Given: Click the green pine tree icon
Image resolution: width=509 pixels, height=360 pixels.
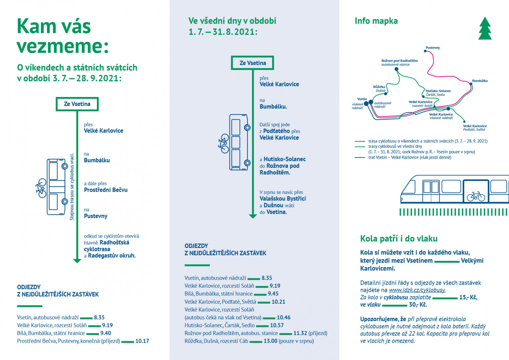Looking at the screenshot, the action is (485, 28).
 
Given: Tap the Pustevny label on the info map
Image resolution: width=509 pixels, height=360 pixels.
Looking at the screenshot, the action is (433, 48).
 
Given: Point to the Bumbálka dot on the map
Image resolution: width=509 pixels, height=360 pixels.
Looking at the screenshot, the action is (471, 84).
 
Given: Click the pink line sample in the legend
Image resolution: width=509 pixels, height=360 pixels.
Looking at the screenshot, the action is (360, 141).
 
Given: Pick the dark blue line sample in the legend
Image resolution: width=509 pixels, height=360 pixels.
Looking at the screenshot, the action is (360, 157).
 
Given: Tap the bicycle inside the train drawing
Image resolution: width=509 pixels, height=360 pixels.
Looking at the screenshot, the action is (476, 196).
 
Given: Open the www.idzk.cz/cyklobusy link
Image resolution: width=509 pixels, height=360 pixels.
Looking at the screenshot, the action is (417, 290).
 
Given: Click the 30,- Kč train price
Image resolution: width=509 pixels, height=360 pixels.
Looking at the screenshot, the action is (418, 305).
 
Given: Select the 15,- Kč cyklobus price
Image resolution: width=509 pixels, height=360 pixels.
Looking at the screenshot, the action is (468, 297).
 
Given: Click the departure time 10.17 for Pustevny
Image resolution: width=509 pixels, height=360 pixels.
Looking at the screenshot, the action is (142, 341).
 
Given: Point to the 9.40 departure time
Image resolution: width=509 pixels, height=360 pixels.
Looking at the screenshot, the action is (106, 333).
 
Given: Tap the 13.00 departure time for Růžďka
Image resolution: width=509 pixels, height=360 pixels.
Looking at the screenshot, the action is (270, 341).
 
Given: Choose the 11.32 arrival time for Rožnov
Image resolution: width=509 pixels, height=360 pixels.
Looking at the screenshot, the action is (300, 333).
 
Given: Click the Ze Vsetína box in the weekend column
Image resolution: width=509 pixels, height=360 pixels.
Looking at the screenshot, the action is (77, 104).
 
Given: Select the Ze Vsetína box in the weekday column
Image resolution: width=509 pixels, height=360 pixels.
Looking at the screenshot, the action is (253, 63).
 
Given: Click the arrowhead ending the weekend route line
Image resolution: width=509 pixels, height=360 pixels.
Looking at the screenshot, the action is (77, 261).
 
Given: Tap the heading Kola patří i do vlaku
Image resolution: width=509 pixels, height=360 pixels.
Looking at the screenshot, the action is (399, 239).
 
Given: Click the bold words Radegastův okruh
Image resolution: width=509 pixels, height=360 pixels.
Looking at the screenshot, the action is (112, 256).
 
